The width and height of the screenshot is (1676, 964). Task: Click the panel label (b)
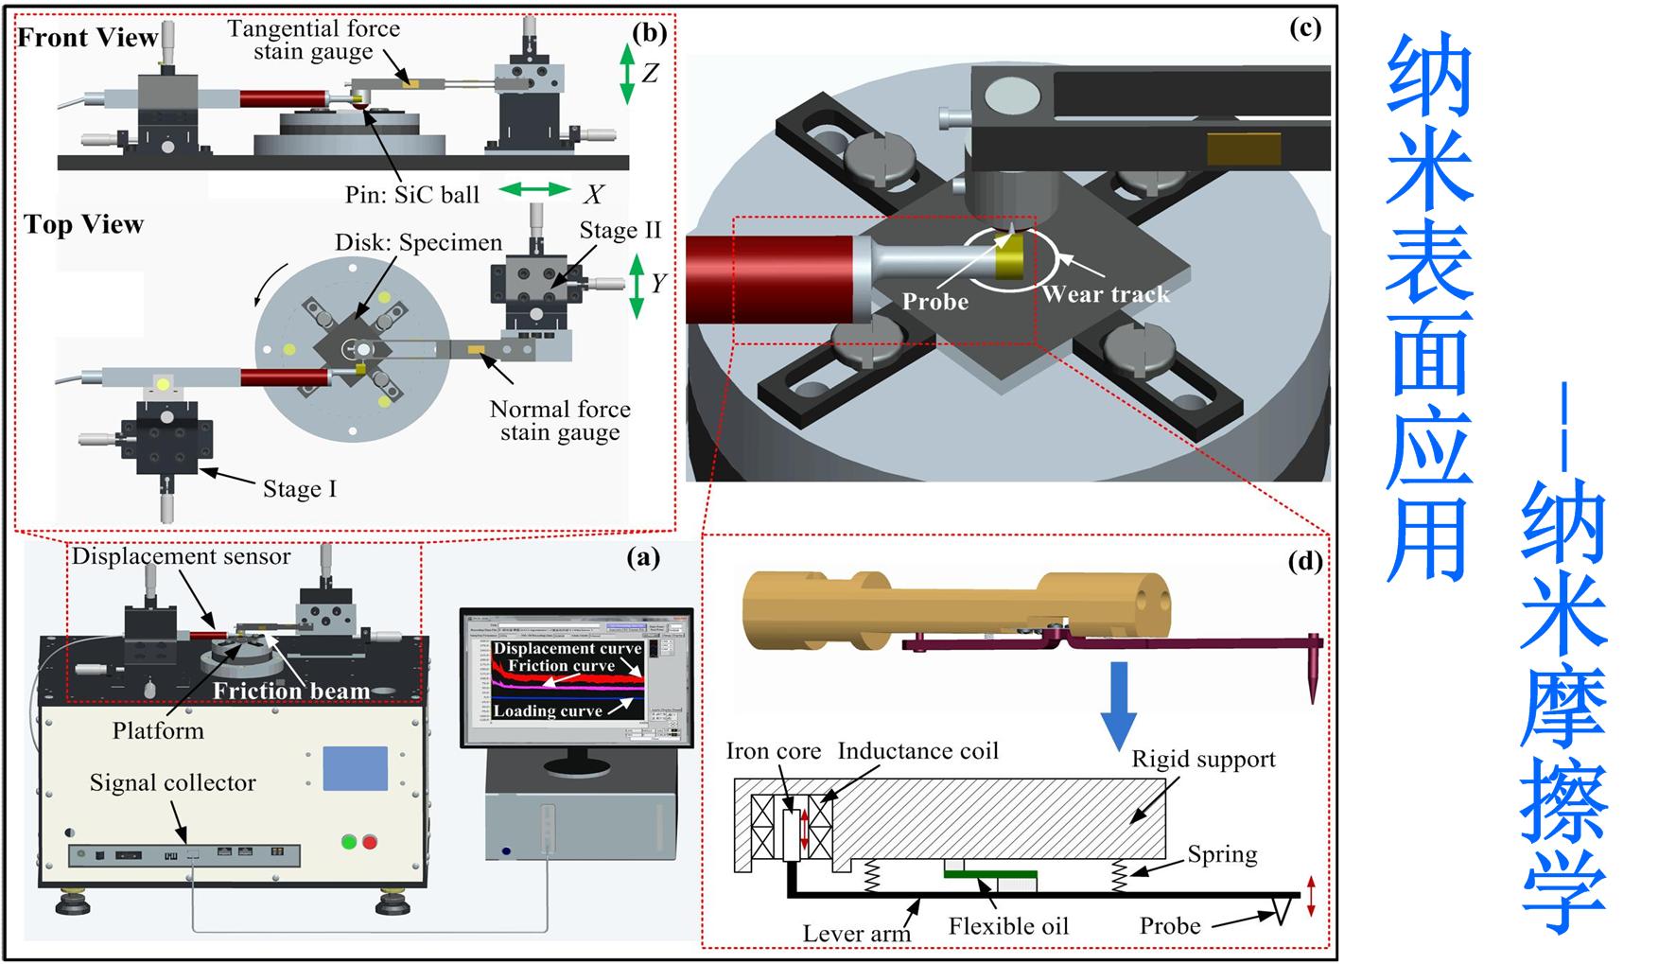(649, 33)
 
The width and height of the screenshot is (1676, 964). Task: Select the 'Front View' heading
(87, 38)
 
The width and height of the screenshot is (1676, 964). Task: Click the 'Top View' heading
(84, 225)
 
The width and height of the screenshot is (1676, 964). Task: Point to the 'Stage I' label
(299, 489)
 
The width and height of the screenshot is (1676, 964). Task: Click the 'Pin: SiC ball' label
(412, 195)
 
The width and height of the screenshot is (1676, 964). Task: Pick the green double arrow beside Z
(626, 74)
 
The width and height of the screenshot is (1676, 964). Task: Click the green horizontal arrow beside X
(534, 190)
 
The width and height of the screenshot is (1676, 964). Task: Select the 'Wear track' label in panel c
(1106, 294)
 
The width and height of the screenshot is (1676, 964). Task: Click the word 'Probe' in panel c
(934, 302)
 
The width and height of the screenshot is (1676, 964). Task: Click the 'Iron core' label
(773, 751)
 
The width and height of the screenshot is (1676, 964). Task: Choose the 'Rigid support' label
(1203, 760)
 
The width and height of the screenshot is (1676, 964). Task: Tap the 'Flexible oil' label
(1008, 926)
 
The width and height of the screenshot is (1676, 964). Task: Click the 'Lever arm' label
(856, 934)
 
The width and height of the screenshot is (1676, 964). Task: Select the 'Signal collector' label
(172, 783)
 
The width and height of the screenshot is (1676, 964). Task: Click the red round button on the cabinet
(369, 841)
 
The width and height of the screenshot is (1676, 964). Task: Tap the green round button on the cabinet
(349, 841)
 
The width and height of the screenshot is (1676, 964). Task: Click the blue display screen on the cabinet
(355, 768)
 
